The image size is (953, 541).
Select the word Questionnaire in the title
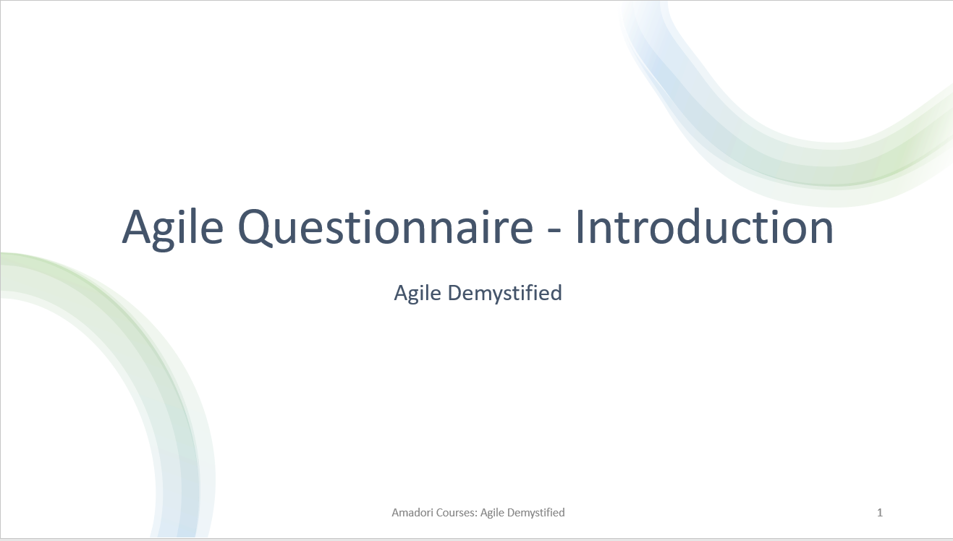point(385,227)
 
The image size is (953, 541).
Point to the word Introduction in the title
point(704,227)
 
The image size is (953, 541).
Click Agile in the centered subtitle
point(418,293)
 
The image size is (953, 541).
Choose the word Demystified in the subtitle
point(504,293)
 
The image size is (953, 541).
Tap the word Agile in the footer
point(494,512)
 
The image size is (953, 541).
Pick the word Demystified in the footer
point(536,512)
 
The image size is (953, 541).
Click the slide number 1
point(880,512)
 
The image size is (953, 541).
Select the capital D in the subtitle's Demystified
point(454,293)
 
